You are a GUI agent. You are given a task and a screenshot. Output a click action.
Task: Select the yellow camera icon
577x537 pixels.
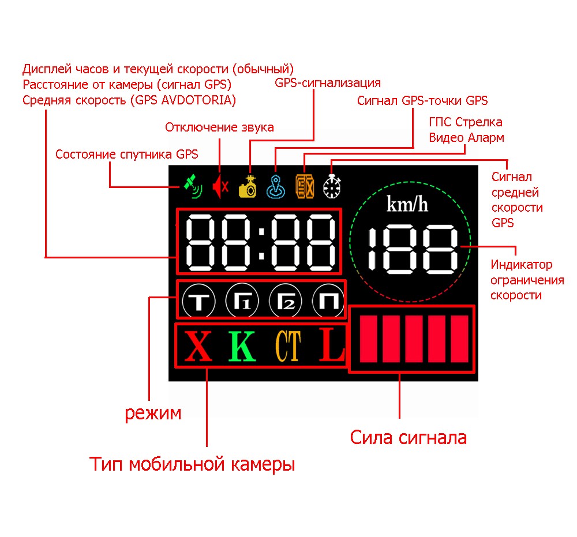[249, 186]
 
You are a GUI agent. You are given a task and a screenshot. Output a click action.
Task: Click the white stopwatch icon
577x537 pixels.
[332, 186]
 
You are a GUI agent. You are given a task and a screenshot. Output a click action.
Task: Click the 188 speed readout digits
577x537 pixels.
[413, 250]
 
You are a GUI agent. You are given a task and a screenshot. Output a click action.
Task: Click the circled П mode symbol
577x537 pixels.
[327, 300]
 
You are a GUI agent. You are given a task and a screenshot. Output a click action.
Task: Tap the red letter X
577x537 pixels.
[198, 344]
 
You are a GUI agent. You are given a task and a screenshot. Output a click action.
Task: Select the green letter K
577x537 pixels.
[242, 344]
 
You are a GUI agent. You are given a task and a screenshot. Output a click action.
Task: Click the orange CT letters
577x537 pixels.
[287, 346]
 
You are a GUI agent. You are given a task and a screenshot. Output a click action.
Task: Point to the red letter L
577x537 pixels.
[332, 344]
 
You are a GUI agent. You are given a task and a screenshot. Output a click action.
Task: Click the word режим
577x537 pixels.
[153, 413]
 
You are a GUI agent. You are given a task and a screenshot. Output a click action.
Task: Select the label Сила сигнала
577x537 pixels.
[408, 438]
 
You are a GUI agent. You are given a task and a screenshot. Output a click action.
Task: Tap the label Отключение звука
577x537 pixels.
[219, 127]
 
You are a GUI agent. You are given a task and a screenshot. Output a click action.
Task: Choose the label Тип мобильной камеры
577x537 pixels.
[192, 464]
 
